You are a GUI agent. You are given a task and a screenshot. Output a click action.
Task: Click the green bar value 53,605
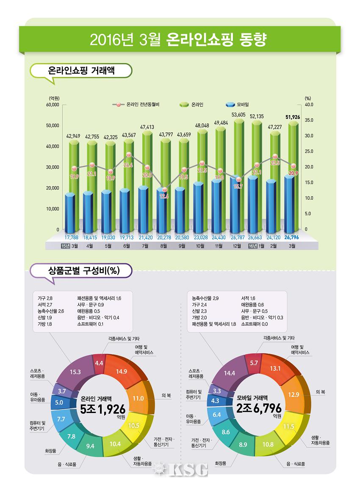[239, 115]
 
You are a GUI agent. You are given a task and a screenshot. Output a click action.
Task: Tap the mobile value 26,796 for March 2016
[292, 237]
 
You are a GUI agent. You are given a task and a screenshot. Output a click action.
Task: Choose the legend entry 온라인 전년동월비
[137, 104]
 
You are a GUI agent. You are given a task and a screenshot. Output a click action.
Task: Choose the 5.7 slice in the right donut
[254, 363]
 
